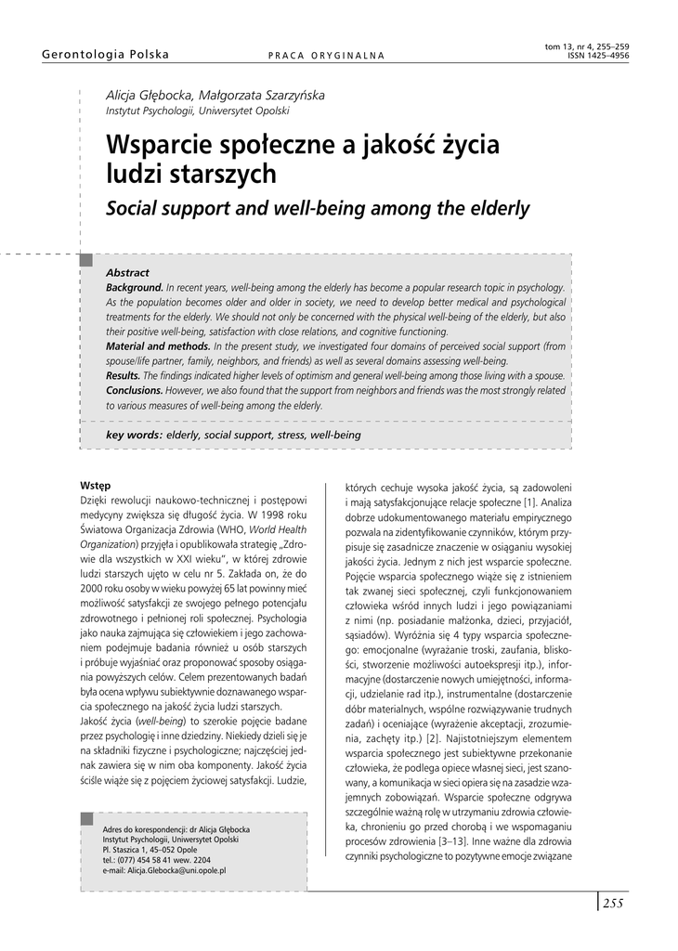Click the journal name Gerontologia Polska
106,55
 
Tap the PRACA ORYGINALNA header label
326,56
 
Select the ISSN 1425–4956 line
598,56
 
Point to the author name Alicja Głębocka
150,95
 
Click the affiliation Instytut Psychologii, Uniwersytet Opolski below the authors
197,111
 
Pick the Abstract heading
127,273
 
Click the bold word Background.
135,288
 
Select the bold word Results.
124,375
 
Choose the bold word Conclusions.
135,390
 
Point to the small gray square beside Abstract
86,260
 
